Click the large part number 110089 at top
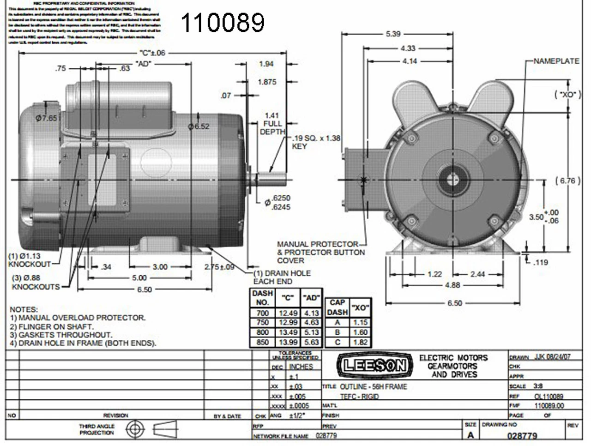223,23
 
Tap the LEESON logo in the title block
374,366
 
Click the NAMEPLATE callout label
556,61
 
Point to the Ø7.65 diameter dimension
46,118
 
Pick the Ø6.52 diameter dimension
199,126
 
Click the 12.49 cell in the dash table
288,313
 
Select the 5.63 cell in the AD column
312,342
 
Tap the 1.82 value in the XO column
360,342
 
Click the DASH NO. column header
262,298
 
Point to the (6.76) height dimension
567,181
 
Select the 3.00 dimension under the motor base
160,267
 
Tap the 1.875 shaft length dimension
267,82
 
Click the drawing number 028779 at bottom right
522,436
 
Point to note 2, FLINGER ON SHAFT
51,326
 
